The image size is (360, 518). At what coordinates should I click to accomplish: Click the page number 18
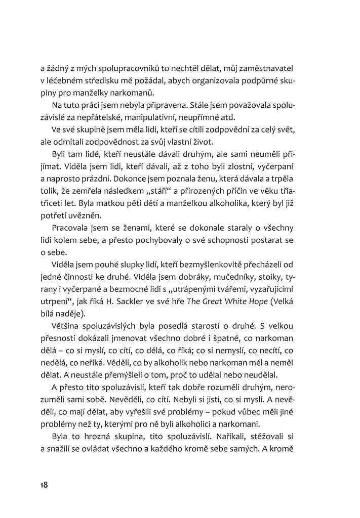[44, 485]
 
